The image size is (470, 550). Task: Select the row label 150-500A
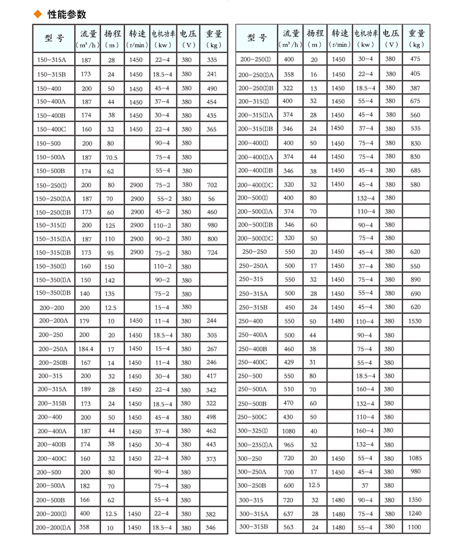click(x=51, y=157)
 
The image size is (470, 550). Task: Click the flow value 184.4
click(x=86, y=349)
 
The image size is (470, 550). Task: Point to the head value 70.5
click(x=112, y=157)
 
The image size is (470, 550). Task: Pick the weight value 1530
click(x=416, y=321)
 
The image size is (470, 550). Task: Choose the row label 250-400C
click(x=253, y=362)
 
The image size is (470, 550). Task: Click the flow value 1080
click(x=290, y=430)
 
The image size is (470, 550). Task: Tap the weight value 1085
click(x=416, y=458)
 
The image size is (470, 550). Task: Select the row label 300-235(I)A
click(x=255, y=444)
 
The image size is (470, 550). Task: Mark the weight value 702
click(x=212, y=184)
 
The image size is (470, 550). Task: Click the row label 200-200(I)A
click(x=53, y=528)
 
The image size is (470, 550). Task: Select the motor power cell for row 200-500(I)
click(x=365, y=198)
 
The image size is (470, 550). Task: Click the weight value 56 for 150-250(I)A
click(x=212, y=198)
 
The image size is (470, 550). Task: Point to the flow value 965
click(x=290, y=444)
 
